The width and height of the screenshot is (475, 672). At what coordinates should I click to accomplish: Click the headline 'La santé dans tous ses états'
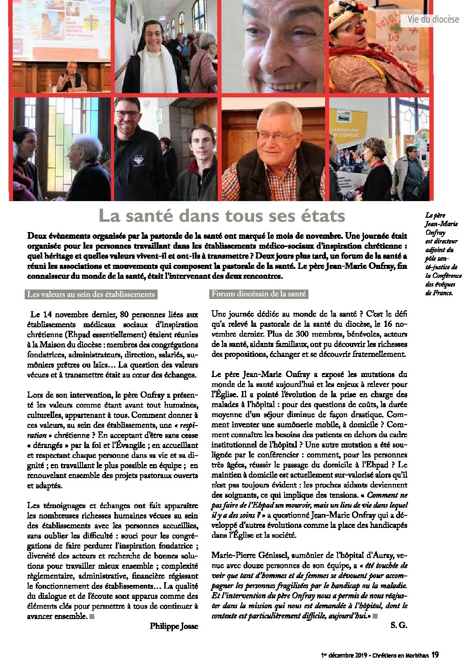tap(222, 216)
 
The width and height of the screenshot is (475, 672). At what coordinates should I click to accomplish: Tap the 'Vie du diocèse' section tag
tap(433, 19)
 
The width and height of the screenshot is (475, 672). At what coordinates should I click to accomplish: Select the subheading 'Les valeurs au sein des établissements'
tap(91, 294)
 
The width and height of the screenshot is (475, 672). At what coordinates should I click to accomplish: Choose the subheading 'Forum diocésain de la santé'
tap(259, 294)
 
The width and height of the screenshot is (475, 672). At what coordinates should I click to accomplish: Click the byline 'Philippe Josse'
tap(174, 626)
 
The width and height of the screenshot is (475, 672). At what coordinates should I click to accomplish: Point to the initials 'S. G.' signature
tap(399, 625)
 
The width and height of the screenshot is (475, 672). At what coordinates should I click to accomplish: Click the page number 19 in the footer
tap(435, 655)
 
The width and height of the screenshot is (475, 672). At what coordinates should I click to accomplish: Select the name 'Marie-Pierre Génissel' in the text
tap(250, 555)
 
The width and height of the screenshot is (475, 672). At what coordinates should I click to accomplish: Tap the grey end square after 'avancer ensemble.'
tap(92, 616)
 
